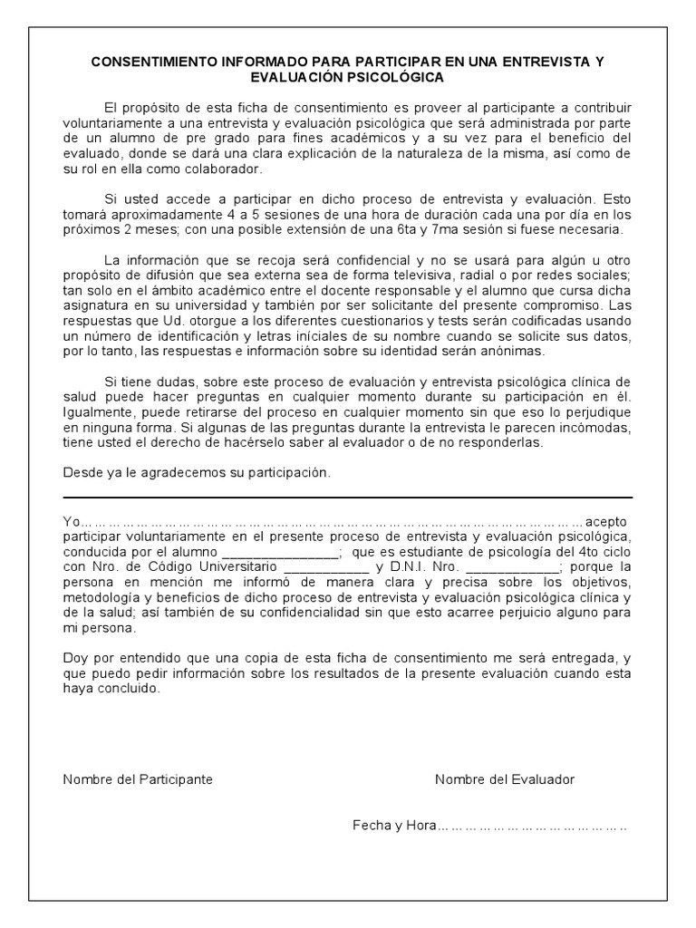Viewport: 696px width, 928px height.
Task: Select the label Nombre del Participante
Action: click(138, 779)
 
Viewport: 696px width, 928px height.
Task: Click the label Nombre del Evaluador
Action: click(504, 779)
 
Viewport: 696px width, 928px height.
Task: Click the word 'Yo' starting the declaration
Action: click(72, 523)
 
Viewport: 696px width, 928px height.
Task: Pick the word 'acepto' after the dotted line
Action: click(606, 523)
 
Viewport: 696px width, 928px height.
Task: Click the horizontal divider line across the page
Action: click(347, 498)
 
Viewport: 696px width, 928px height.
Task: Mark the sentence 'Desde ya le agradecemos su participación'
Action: click(198, 473)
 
